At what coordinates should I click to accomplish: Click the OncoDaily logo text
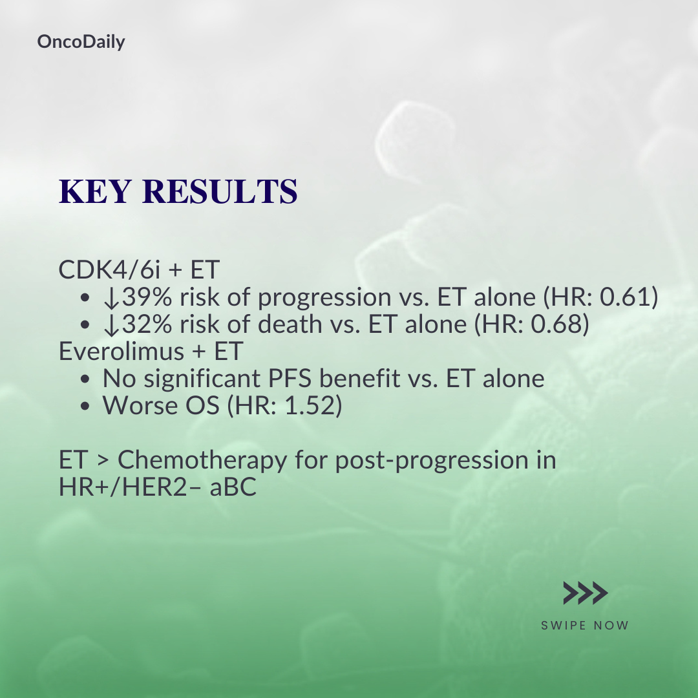pos(81,42)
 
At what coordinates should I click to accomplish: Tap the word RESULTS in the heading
pos(220,191)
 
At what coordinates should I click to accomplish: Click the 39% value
pos(147,297)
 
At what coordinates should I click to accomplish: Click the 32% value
pos(147,324)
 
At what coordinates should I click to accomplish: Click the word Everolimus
pos(122,351)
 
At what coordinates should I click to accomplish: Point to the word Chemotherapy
pos(202,460)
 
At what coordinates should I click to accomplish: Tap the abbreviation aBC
pos(233,487)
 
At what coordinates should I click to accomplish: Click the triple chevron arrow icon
pos(586,593)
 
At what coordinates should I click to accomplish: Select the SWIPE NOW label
pos(585,626)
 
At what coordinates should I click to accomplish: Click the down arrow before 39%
pos(111,298)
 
